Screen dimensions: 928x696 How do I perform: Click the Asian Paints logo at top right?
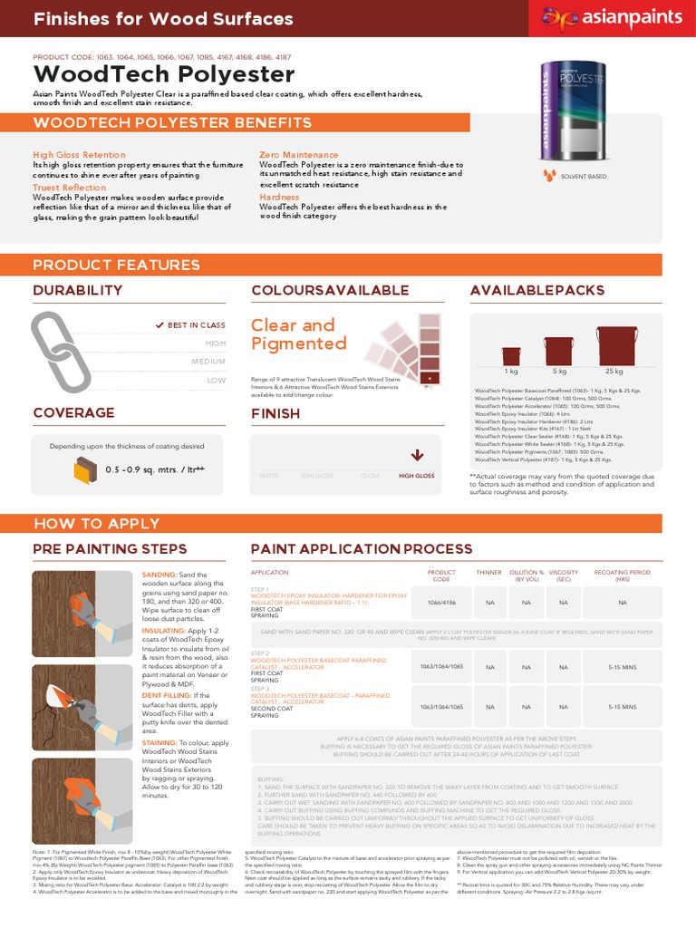coord(611,17)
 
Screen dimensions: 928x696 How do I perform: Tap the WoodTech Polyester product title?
coord(164,73)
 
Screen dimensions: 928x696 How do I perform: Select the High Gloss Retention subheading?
coord(80,155)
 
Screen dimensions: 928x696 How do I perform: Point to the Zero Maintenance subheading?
coord(299,155)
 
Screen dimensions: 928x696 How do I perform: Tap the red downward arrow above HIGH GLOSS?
coord(417,455)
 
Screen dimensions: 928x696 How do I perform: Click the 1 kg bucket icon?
coord(511,356)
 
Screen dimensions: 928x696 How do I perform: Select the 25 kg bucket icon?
coord(616,348)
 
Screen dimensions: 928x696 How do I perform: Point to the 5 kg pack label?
coord(559,372)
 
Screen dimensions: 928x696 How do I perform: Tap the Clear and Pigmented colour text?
coord(293,334)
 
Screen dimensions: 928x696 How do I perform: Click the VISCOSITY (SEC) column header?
coord(564,576)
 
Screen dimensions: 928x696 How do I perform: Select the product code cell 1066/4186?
coord(441,602)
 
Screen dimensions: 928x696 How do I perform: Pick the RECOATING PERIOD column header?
coord(622,576)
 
